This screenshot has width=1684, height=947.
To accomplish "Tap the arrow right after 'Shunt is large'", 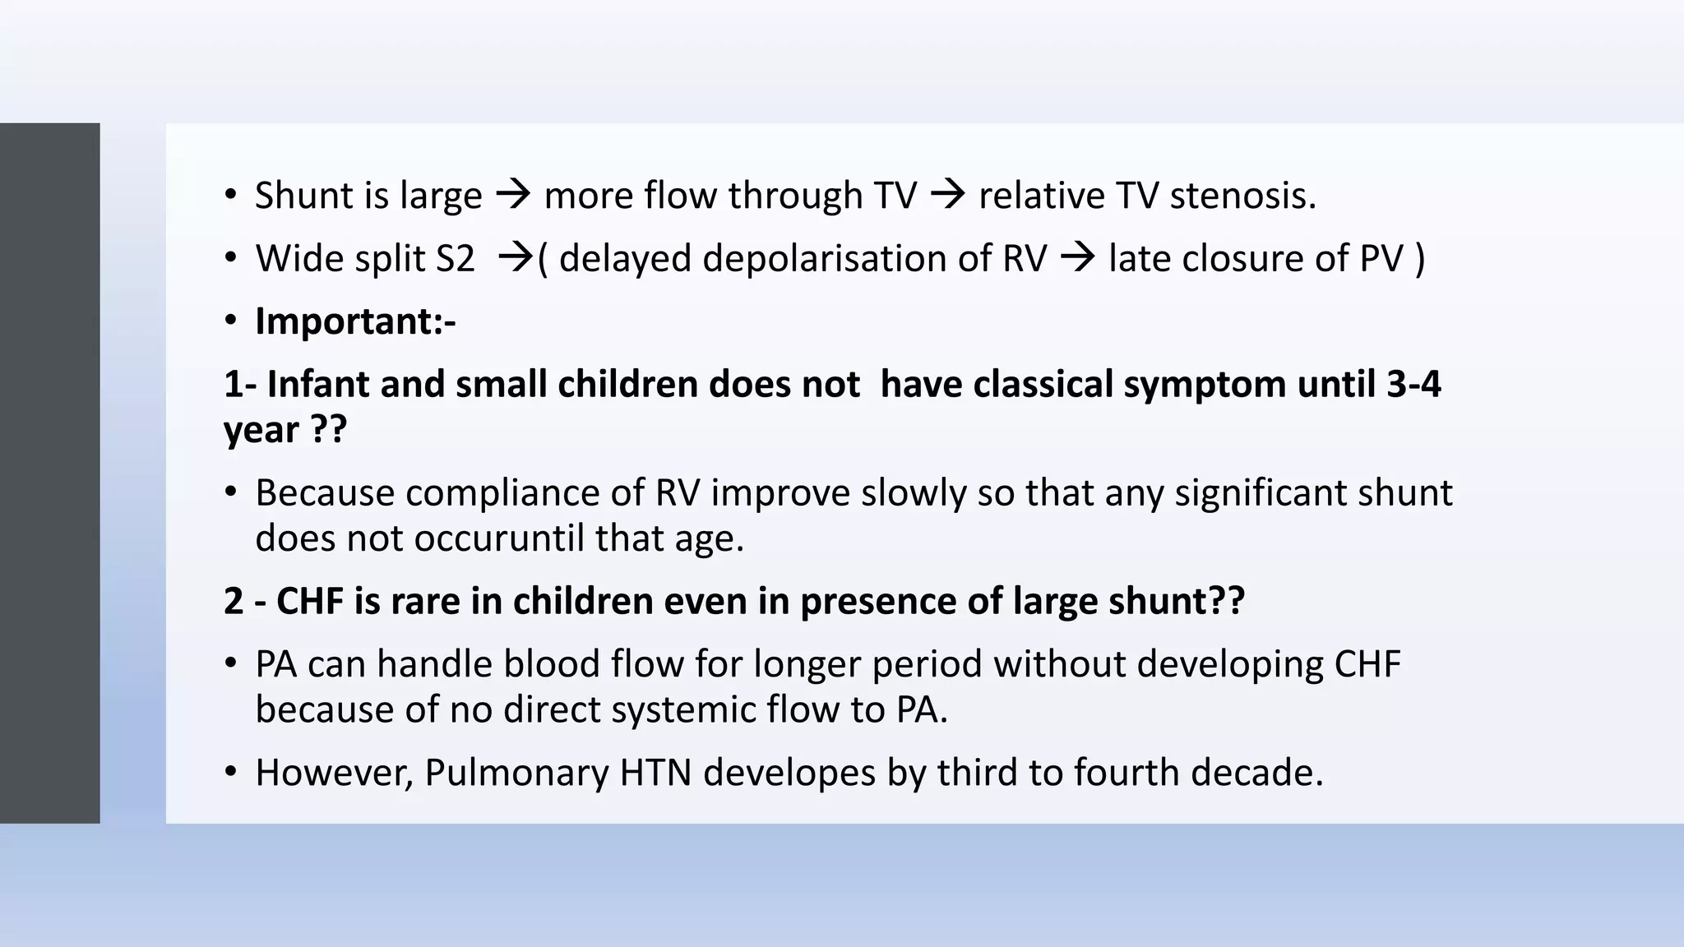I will pyautogui.click(x=513, y=196).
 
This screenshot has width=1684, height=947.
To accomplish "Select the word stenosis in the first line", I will pyautogui.click(x=1242, y=196).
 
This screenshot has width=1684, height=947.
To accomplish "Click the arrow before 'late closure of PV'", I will pyautogui.click(x=1077, y=258).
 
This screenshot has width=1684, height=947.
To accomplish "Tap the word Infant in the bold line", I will pyautogui.click(x=317, y=384).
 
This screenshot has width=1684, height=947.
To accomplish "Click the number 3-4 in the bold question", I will pyautogui.click(x=1413, y=384).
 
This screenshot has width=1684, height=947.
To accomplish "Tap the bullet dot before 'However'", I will pyautogui.click(x=231, y=773).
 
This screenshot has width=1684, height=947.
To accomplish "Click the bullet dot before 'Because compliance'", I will pyautogui.click(x=231, y=492).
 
